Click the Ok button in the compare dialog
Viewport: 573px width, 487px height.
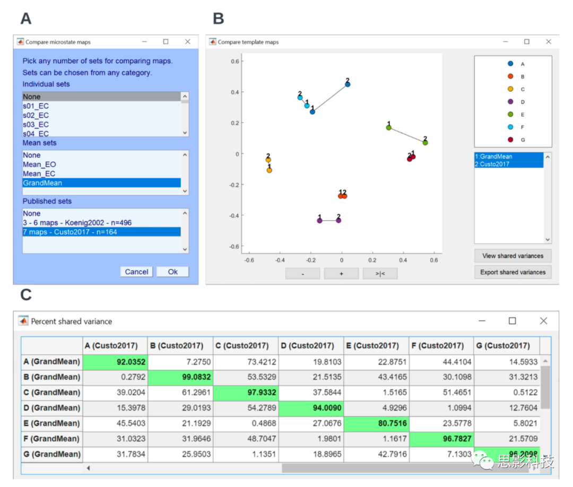[173, 272]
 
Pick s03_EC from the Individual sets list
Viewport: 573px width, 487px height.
[36, 125]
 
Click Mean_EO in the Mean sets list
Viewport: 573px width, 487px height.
[39, 164]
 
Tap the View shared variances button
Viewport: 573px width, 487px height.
[513, 256]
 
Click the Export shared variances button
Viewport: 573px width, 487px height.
[513, 272]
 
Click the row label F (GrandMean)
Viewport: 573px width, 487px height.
[52, 439]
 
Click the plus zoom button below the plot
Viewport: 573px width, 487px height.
[341, 273]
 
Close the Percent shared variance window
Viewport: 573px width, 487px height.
[543, 321]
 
